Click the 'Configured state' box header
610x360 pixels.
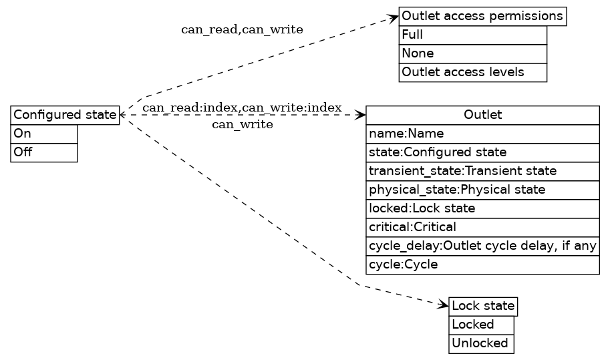[65, 115]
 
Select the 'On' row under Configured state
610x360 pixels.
[44, 134]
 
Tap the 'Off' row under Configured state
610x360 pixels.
[44, 152]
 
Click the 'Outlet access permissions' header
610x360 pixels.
[482, 16]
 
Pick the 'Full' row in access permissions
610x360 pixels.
[472, 35]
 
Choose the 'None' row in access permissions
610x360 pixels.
[472, 53]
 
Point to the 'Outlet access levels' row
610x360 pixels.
[472, 72]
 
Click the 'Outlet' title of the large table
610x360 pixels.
[482, 115]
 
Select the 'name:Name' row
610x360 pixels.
[482, 134]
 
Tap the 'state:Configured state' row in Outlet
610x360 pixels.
[482, 152]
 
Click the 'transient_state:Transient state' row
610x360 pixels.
[482, 171]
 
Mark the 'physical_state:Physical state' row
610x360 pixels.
[482, 190]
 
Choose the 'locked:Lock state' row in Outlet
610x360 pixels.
[482, 208]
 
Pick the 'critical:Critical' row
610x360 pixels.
[482, 227]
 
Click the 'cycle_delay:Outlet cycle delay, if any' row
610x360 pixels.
[482, 246]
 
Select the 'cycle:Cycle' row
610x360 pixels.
[482, 264]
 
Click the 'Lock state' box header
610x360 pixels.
[483, 307]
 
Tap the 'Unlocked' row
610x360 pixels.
[481, 343]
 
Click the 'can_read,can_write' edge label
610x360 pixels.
[242, 30]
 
